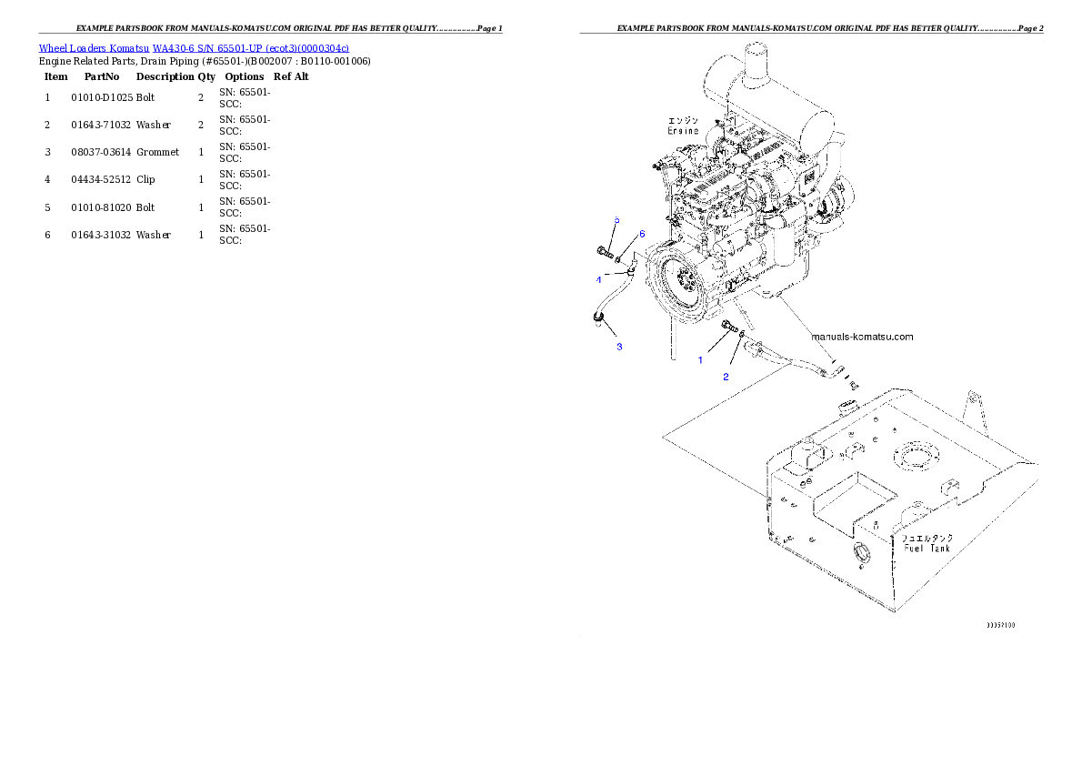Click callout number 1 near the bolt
[700, 360]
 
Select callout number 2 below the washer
[726, 377]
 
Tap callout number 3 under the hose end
[619, 347]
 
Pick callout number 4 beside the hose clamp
[599, 279]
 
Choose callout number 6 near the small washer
[641, 234]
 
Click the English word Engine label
[683, 131]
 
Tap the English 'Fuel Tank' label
[927, 549]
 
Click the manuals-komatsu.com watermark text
[862, 337]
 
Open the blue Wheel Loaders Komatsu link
[194, 47]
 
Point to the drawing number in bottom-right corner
[1001, 626]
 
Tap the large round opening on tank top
[912, 455]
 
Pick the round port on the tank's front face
[860, 552]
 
